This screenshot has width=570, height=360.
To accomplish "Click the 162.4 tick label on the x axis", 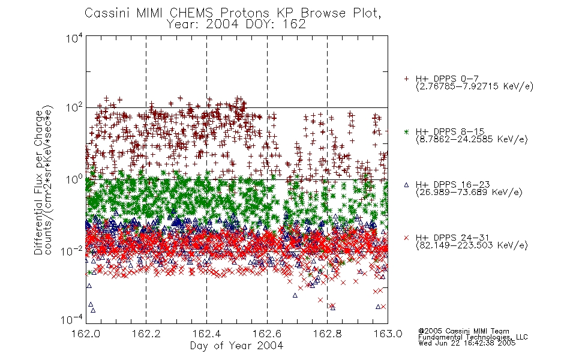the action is click(x=207, y=334).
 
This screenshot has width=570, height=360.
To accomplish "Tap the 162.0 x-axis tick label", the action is click(x=86, y=334).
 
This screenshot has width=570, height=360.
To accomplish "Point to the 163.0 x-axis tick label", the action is click(x=388, y=334).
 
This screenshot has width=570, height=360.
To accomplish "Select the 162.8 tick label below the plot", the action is click(x=328, y=334).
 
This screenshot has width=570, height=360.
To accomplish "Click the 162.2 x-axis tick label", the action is click(x=146, y=334).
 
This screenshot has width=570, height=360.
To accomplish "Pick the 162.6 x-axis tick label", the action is click(x=267, y=334).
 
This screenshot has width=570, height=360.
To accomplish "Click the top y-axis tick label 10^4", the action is click(x=74, y=38).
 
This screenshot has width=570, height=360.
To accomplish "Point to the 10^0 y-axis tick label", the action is click(x=74, y=180).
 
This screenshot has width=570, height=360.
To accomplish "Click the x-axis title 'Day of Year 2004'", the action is click(x=236, y=346).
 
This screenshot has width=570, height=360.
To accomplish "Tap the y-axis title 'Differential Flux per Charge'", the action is click(x=38, y=182).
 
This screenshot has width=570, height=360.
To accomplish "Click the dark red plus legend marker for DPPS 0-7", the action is click(x=406, y=79).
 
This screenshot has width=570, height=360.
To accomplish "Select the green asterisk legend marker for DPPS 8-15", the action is click(x=406, y=132).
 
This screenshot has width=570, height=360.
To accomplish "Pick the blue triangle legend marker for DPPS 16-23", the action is click(x=406, y=185).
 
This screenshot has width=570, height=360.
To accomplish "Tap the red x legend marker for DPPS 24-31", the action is click(x=406, y=238).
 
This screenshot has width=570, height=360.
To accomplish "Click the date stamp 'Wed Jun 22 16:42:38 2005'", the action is click(x=467, y=343).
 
